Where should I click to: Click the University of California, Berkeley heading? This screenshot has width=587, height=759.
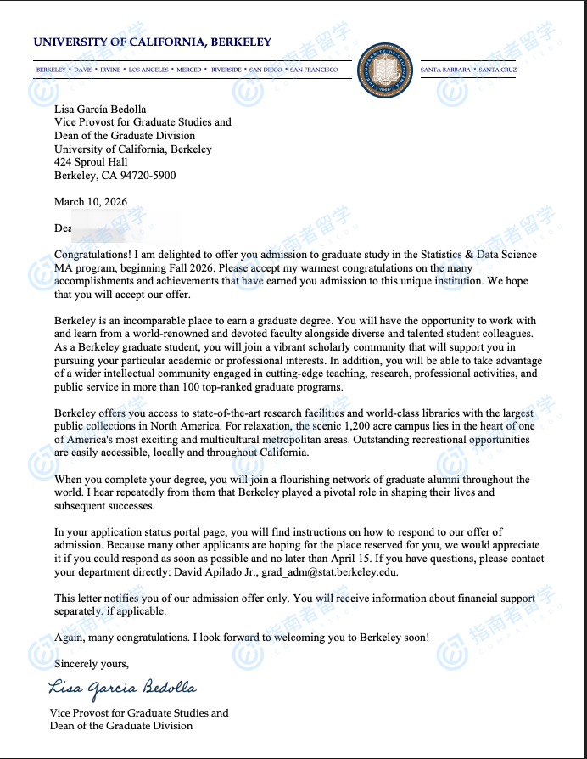coord(153,42)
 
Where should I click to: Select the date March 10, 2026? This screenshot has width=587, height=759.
coord(91,202)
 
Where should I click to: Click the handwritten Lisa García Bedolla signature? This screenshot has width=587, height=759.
coord(123,687)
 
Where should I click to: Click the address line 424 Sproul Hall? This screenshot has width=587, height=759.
coord(91,162)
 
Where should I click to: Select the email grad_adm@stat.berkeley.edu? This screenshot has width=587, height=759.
coord(329,572)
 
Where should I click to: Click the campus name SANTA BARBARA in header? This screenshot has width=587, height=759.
coord(445,70)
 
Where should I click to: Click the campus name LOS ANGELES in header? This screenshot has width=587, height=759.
coord(148,70)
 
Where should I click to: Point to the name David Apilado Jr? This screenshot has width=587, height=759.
coord(219,572)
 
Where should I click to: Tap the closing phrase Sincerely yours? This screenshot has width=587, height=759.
coord(92,663)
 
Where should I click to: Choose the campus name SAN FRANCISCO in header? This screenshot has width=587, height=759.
coord(314,70)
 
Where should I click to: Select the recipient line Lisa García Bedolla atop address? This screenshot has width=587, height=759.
coord(100,109)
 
